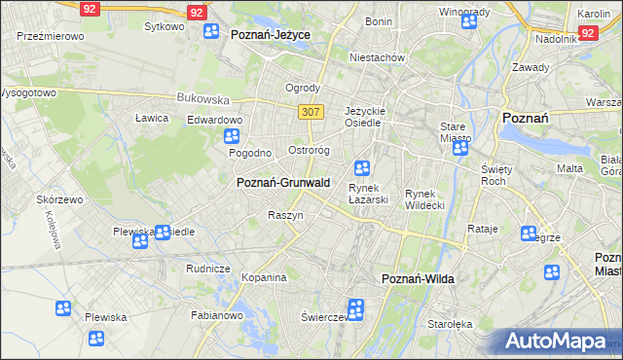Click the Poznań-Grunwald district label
[x=283, y=182]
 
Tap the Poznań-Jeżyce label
[x=271, y=33]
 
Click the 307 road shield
[x=311, y=112]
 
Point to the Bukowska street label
[x=202, y=98]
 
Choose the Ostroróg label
[x=311, y=151]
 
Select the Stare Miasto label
[x=456, y=132]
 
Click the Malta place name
[x=569, y=168]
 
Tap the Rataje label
[x=483, y=230]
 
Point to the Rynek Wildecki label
[x=424, y=199]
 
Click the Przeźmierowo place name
[x=51, y=35]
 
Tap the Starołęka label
[x=450, y=324]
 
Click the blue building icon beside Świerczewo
[x=355, y=310]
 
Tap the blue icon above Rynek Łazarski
[x=362, y=167]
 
